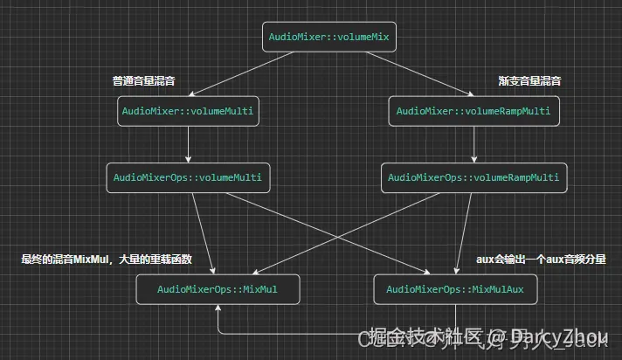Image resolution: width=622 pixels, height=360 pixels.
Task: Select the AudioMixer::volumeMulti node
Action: point(190,111)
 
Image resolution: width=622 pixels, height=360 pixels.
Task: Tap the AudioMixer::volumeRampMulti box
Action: point(473,111)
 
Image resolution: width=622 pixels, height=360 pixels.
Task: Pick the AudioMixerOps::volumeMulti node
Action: point(187,177)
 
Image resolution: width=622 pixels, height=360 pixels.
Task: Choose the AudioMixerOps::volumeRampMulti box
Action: point(473,177)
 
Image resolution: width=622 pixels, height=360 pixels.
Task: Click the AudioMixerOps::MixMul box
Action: point(218,289)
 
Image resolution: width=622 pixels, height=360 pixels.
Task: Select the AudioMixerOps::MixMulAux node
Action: point(454,289)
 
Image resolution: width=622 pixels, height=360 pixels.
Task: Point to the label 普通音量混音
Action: point(144,80)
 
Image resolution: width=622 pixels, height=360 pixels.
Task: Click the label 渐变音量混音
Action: point(529,80)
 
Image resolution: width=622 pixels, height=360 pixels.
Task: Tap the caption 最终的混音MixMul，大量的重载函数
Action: point(107,259)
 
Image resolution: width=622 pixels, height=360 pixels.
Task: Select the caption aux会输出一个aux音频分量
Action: point(541,259)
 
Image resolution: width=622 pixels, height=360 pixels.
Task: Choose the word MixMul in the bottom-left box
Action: point(259,289)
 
